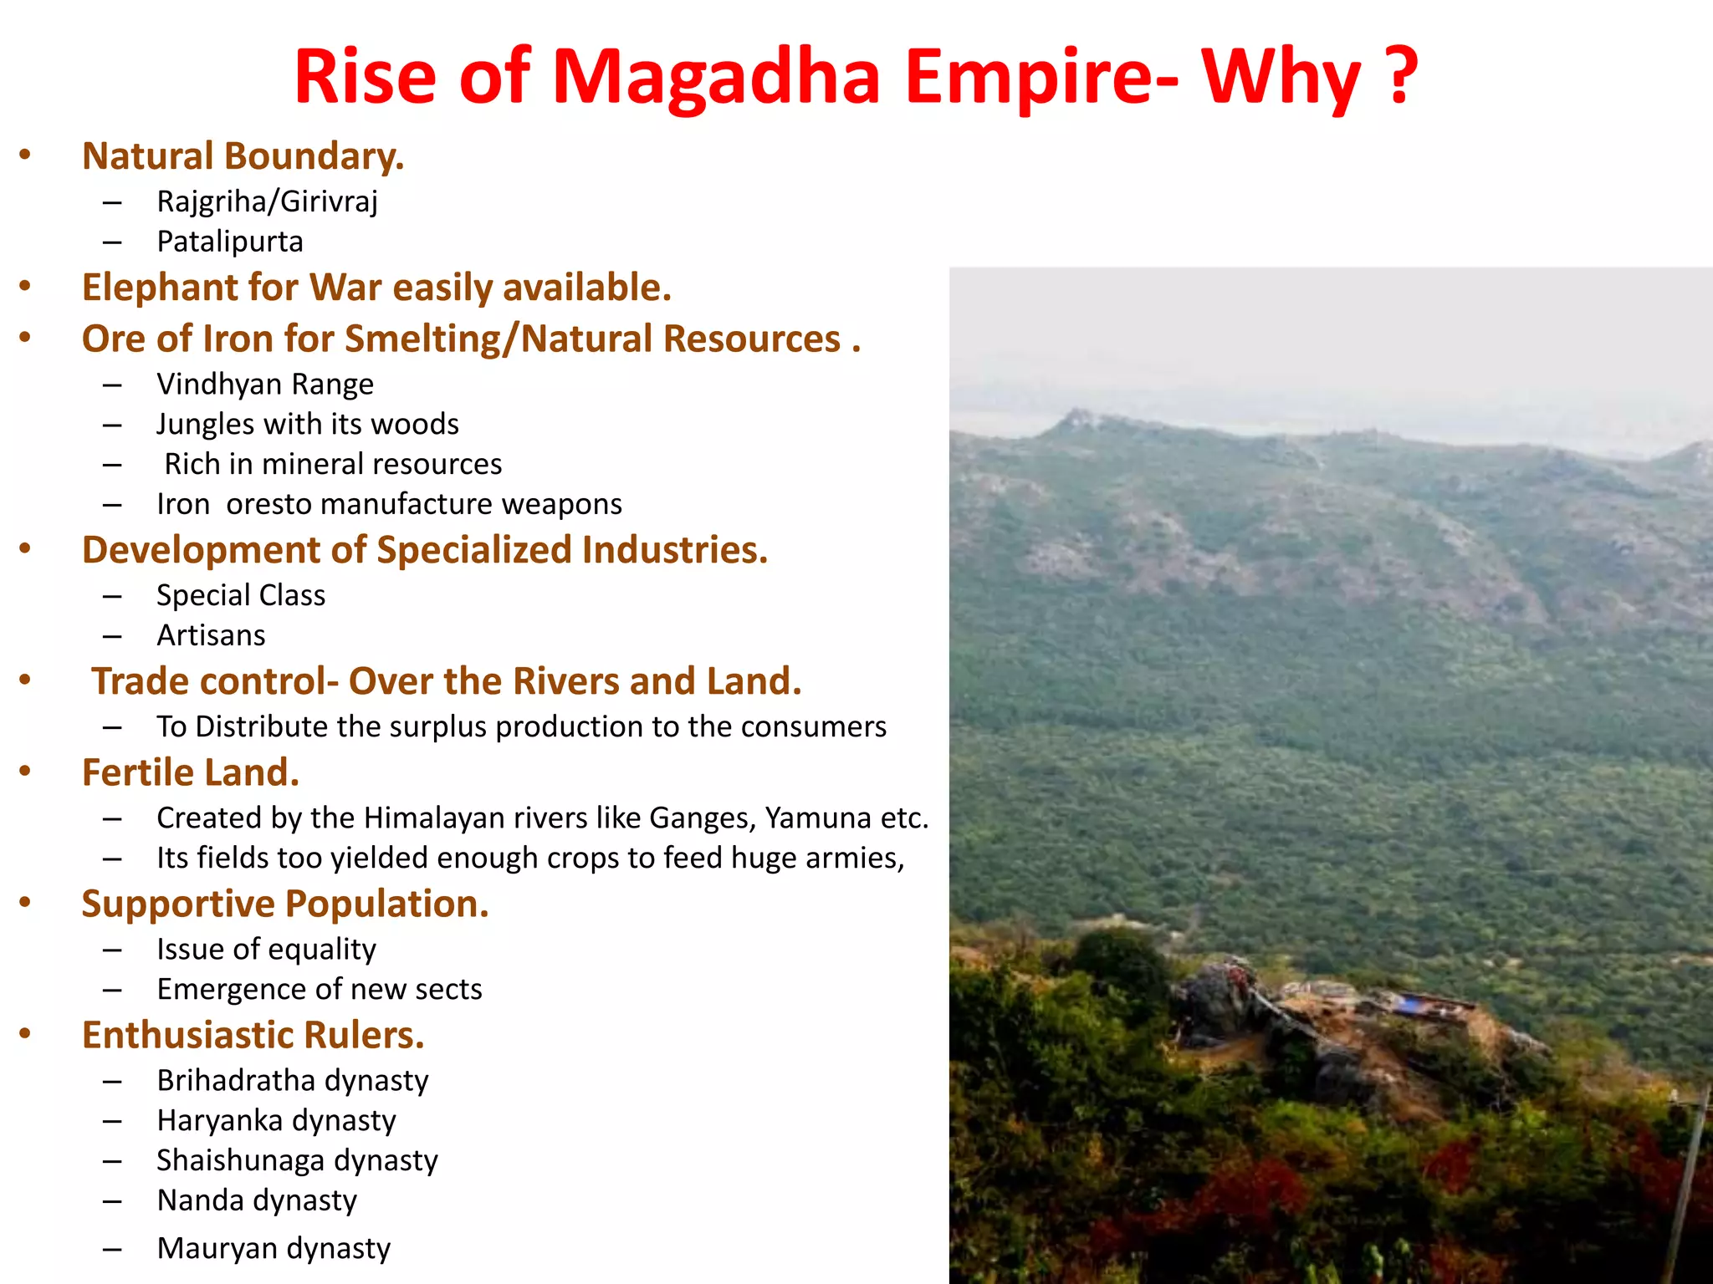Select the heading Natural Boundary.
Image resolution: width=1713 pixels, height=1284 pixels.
[x=243, y=156]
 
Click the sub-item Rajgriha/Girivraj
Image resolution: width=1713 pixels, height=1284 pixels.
[x=267, y=201]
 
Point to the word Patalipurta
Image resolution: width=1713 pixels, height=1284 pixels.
[x=230, y=242]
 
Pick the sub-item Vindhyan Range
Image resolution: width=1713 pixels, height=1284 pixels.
[x=265, y=385]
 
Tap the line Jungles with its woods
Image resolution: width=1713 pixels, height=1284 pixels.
[x=308, y=425]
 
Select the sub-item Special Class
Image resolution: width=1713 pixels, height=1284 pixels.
[x=241, y=595]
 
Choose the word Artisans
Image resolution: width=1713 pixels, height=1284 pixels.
[x=211, y=635]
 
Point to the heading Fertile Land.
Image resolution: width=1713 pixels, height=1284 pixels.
[x=190, y=772]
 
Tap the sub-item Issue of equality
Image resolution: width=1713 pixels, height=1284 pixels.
[x=266, y=950]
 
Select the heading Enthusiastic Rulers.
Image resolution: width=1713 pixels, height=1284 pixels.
[x=253, y=1035]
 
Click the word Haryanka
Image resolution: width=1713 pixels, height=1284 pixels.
[x=220, y=1120]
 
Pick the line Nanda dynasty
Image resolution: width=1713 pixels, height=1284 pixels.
[x=257, y=1200]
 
